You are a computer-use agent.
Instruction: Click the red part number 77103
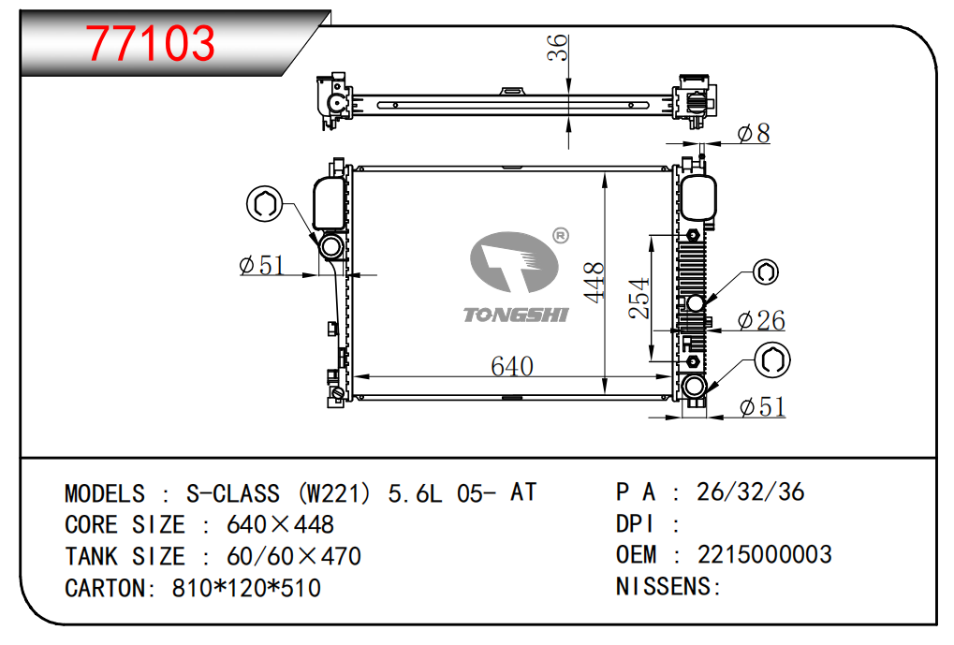(x=151, y=42)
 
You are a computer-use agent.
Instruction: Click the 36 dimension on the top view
(x=557, y=48)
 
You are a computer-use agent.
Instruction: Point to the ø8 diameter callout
(x=753, y=134)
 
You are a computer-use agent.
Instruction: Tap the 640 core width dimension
(x=512, y=366)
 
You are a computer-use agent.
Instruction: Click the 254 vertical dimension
(x=639, y=298)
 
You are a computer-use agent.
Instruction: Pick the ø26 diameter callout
(x=761, y=321)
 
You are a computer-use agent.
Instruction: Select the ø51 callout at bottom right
(x=761, y=407)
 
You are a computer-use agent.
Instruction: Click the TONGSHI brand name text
(x=516, y=315)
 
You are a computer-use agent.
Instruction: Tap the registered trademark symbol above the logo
(x=560, y=235)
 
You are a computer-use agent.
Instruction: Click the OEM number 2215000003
(x=764, y=555)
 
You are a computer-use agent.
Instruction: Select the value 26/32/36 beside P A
(x=751, y=491)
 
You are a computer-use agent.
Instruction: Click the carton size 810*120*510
(x=246, y=588)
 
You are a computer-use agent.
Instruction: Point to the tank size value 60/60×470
(x=294, y=556)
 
